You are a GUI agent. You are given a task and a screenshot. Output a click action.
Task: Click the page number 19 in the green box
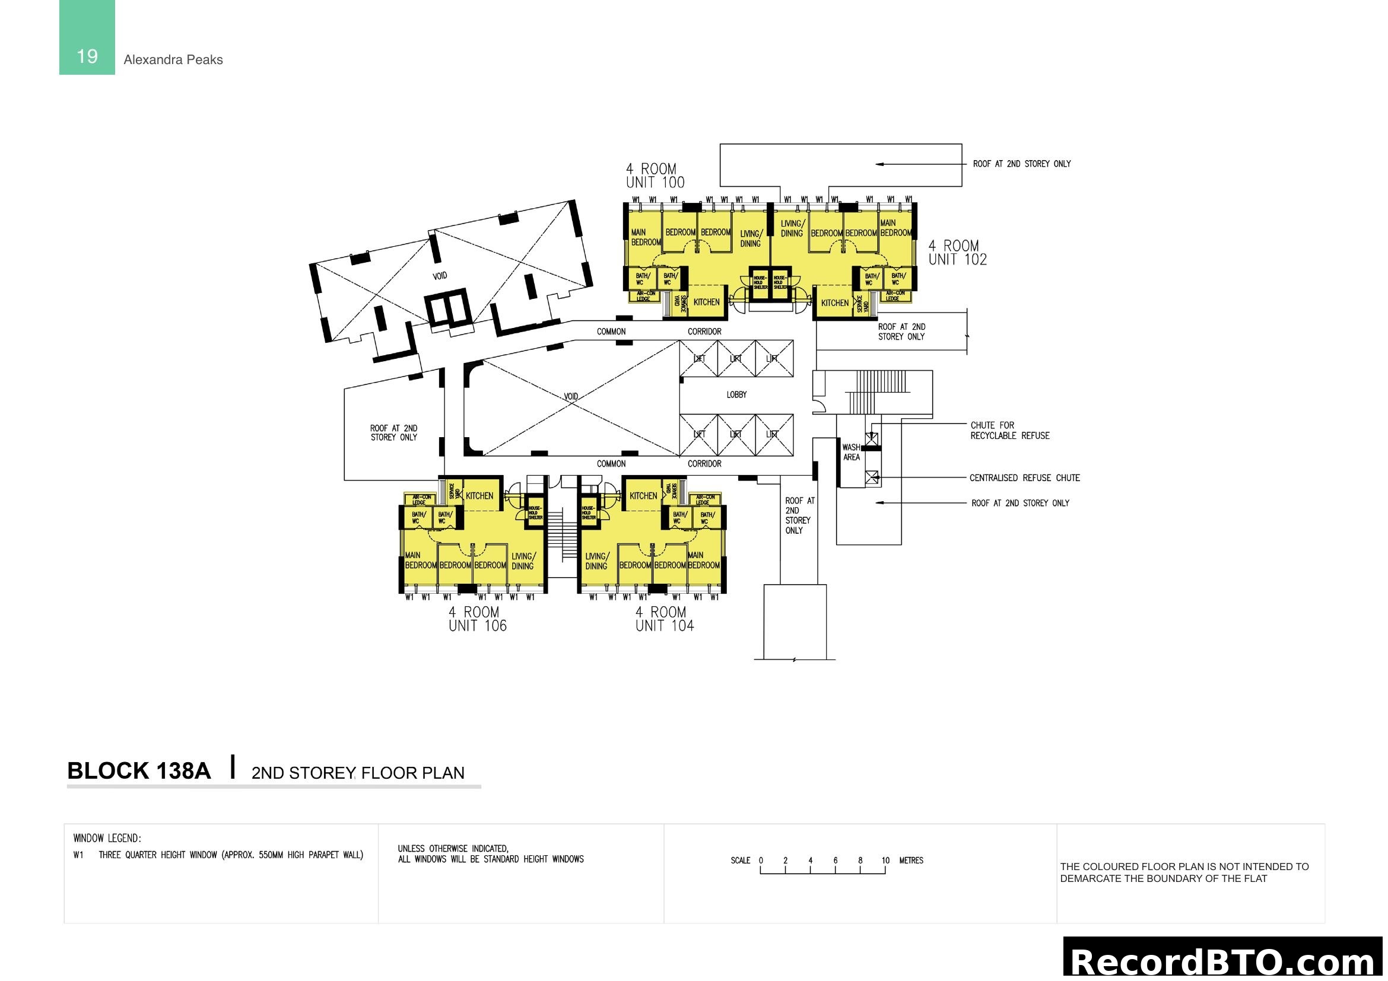pos(87,56)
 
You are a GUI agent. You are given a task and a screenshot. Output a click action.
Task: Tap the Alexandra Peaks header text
pos(173,60)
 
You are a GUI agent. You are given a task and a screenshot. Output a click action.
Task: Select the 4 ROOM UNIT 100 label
pos(655,176)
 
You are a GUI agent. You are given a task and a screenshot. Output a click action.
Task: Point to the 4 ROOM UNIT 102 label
pos(957,253)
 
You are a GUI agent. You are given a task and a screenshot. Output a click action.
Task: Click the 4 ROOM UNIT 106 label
pos(477,619)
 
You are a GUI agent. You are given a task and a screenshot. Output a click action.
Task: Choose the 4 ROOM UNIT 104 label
pos(664,619)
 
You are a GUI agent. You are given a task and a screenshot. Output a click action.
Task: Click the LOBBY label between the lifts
pos(736,394)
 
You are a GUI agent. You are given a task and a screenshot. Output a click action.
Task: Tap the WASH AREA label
pos(850,452)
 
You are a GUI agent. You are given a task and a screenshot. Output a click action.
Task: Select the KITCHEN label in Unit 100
pos(706,302)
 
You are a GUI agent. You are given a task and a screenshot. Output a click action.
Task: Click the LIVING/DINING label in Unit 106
pos(523,560)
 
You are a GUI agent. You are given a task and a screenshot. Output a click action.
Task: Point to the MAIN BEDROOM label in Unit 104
pos(703,560)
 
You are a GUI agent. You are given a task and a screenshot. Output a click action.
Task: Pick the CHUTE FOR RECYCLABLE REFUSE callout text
pos(1009,430)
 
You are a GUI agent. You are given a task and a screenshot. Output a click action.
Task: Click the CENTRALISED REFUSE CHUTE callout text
pos(1024,478)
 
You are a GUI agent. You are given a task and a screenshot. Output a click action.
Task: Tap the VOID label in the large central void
pos(571,396)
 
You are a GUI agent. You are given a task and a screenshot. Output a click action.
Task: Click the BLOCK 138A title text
pos(139,771)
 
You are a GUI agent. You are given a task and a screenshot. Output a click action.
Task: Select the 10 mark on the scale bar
pos(885,860)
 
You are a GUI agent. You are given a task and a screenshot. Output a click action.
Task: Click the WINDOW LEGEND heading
pos(107,838)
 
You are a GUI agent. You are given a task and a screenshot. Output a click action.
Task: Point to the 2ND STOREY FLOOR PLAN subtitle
pos(358,773)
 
